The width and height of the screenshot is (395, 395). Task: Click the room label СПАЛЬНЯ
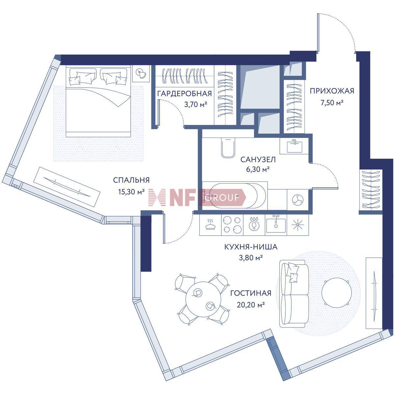131,180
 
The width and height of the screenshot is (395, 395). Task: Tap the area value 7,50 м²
332,102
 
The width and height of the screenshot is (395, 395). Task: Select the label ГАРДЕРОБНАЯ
184,94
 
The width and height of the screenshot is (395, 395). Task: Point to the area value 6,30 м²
258,169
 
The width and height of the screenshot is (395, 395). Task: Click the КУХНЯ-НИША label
251,247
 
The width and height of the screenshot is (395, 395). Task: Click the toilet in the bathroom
228,147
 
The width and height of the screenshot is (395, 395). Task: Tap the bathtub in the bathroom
235,196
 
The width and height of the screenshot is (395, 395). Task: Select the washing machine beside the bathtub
298,199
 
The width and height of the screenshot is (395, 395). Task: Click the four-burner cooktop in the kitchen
232,225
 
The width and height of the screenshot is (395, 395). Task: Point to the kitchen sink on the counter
276,225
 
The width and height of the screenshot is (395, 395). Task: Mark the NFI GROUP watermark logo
197,197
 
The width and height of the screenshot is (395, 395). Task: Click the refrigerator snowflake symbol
298,225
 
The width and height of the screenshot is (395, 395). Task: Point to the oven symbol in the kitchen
210,225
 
